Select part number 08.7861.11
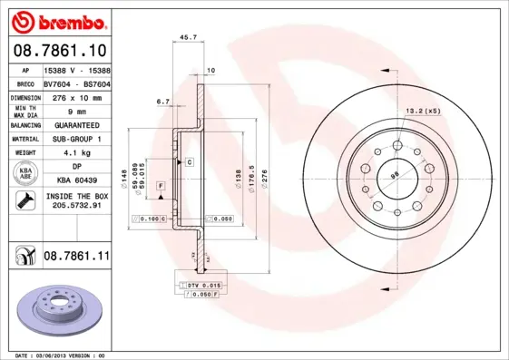pyautogui.click(x=76, y=258)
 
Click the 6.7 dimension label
pyautogui.click(x=162, y=102)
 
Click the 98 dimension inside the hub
pyautogui.click(x=395, y=174)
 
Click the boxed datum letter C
pyautogui.click(x=190, y=161)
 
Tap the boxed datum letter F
pyautogui.click(x=161, y=185)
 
